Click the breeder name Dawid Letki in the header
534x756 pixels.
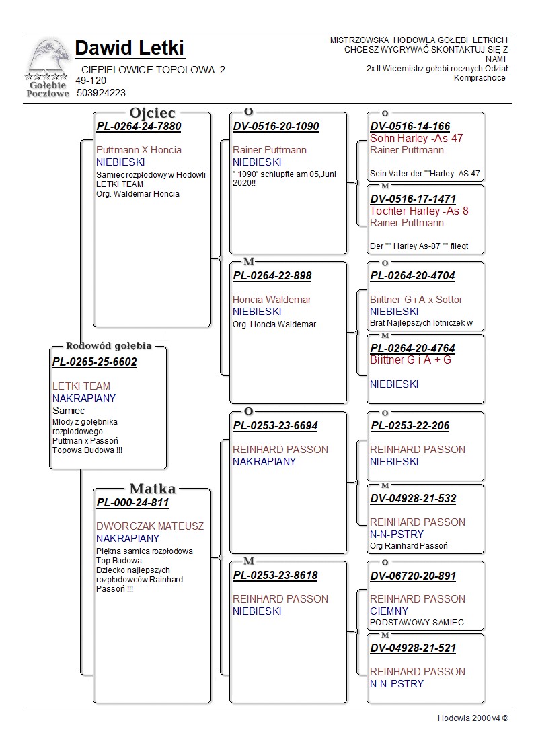pos(130,48)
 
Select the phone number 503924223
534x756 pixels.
pos(101,93)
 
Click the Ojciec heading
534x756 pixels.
pos(152,113)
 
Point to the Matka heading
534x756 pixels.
pos(152,489)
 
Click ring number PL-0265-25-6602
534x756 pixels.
pos(94,362)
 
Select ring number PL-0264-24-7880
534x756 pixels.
pos(139,126)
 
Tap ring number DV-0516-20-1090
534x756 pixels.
pos(276,126)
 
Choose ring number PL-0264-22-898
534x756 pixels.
pos(272,275)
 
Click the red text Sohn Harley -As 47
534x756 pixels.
pos(416,138)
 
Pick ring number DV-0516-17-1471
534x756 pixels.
pos(413,199)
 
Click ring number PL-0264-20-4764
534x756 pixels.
pos(412,348)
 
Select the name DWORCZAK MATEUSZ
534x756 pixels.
pos(149,526)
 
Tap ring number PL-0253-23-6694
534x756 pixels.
pos(275,425)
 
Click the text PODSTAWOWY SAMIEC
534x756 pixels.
pos(416,623)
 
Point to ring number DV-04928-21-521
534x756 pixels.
pos(413,648)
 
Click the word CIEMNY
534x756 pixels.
pos(389,611)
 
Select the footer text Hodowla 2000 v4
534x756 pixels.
pos(472,718)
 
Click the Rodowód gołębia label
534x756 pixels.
pos(108,346)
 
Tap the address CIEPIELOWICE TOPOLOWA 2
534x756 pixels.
pos(153,70)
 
